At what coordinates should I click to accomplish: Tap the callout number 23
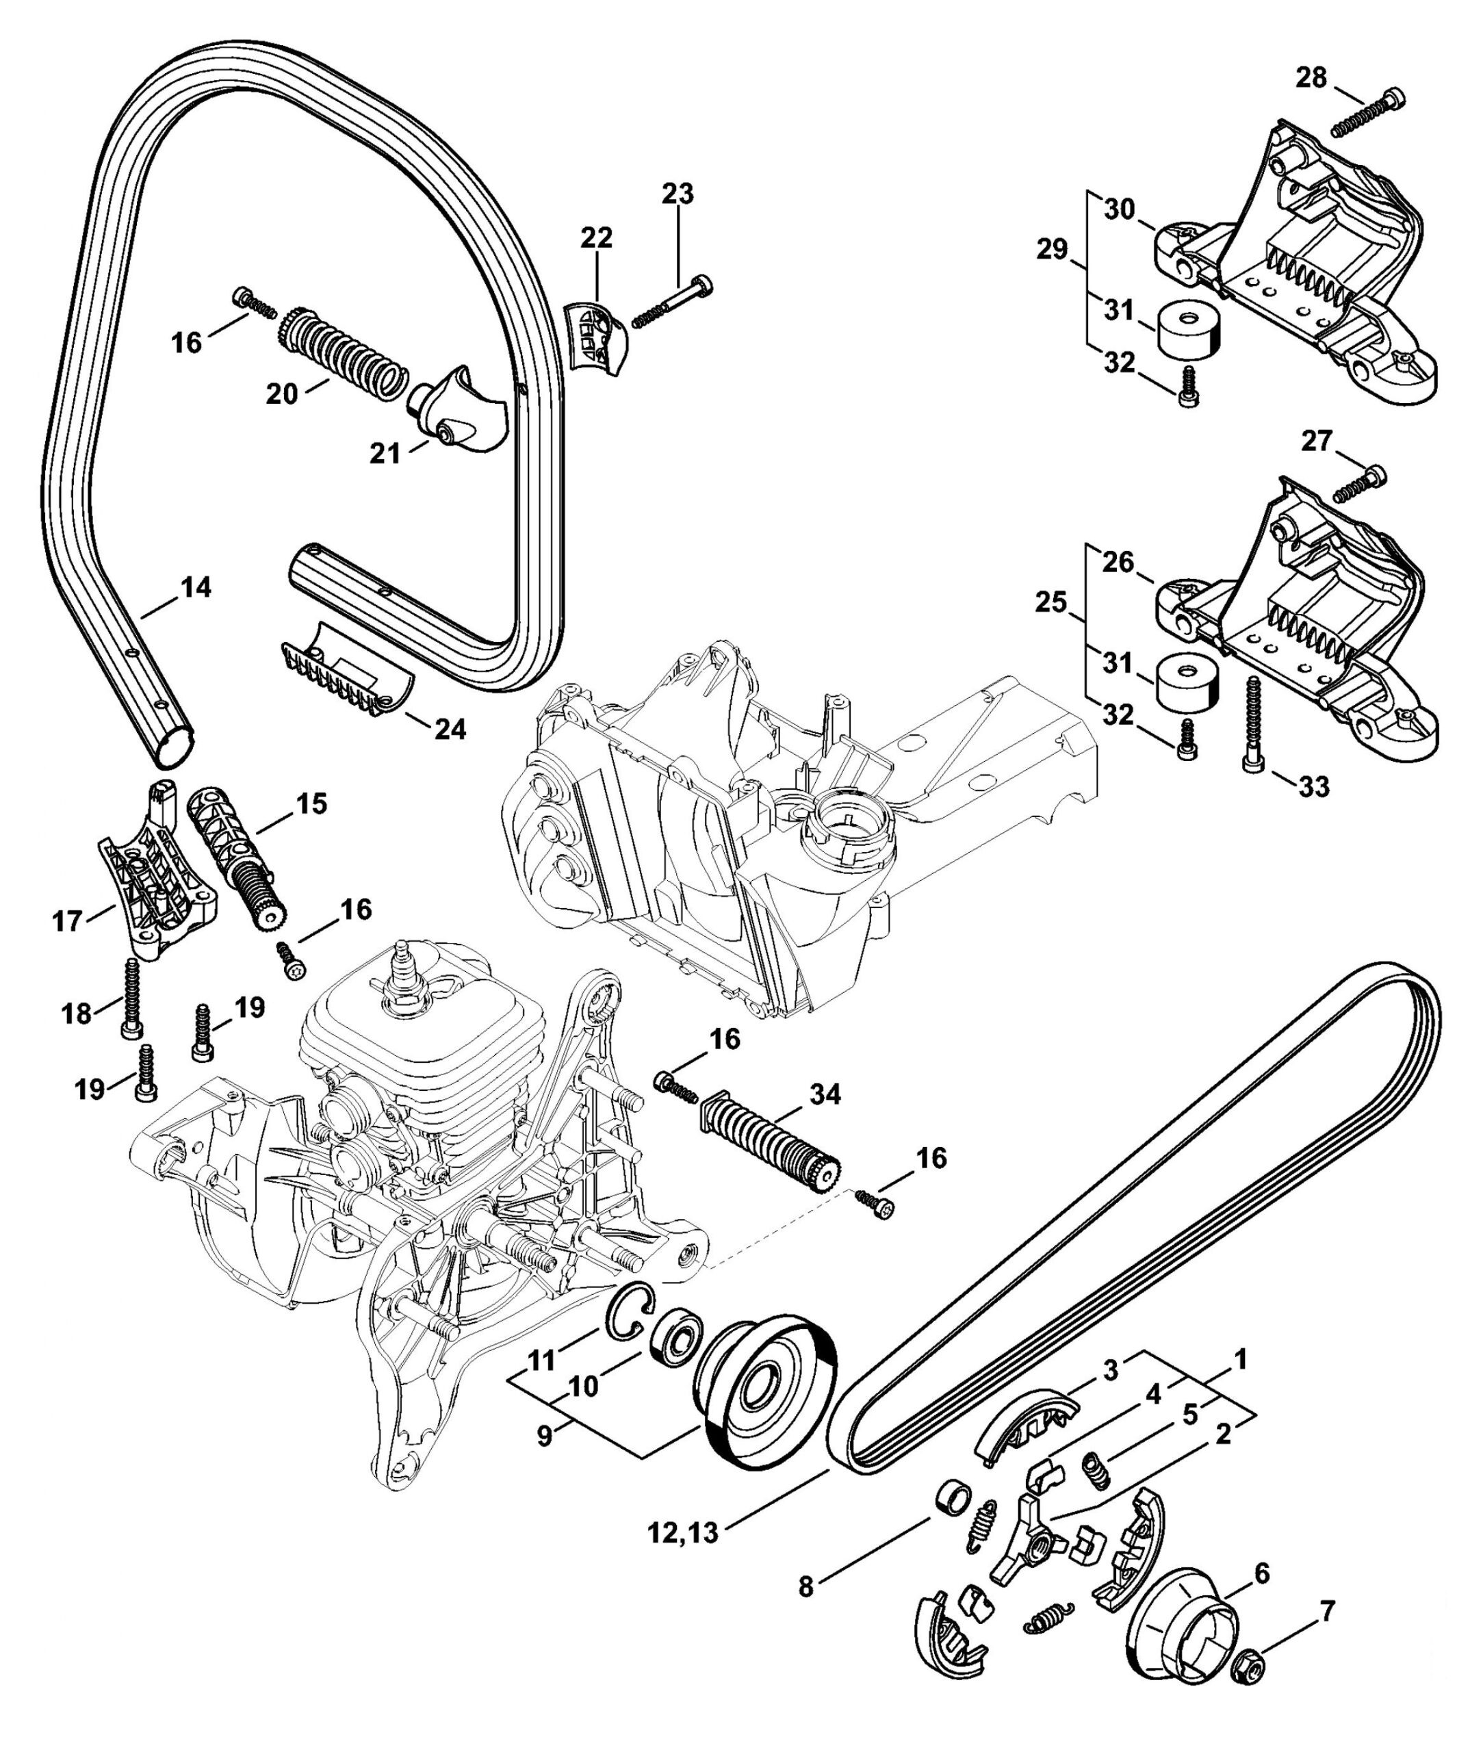(x=677, y=194)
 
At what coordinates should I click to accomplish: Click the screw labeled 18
(x=133, y=997)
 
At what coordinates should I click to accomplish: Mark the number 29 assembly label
(x=1052, y=250)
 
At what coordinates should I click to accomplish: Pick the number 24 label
(x=449, y=728)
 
